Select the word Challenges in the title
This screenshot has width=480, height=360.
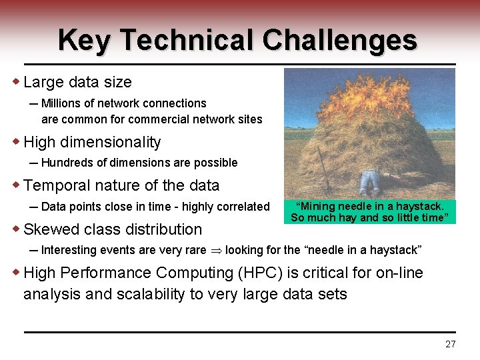339,40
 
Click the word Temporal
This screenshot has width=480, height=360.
56,185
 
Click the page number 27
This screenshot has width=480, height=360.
450,344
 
